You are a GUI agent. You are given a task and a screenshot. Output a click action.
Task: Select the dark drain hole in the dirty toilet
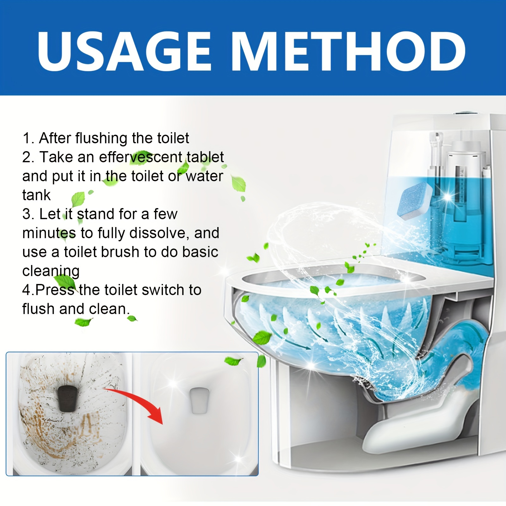[67, 398]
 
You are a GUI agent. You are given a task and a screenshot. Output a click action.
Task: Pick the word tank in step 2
[36, 195]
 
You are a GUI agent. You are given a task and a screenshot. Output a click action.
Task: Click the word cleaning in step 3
[51, 271]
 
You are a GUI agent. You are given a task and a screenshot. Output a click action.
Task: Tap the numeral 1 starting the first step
[27, 138]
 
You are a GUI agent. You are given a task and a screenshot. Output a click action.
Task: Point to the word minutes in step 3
[49, 233]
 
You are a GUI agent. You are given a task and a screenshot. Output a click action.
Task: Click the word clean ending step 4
[108, 309]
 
